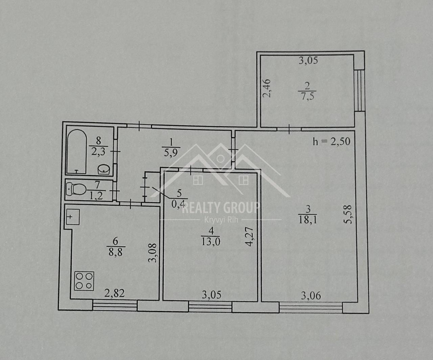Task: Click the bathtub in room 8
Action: (77, 152)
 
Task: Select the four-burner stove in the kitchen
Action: (84, 281)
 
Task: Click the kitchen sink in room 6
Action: (73, 217)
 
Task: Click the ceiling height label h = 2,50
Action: (332, 142)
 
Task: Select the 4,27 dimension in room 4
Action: (249, 237)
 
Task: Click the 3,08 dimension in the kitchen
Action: (153, 253)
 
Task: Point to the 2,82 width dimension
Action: (114, 293)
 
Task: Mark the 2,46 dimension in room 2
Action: (267, 88)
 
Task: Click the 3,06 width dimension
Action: (311, 296)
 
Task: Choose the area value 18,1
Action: (308, 220)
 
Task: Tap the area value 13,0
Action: (211, 242)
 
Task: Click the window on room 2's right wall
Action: (359, 91)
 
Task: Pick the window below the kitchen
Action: (115, 305)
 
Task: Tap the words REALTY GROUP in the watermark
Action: (221, 208)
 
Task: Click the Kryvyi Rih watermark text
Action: (221, 220)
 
